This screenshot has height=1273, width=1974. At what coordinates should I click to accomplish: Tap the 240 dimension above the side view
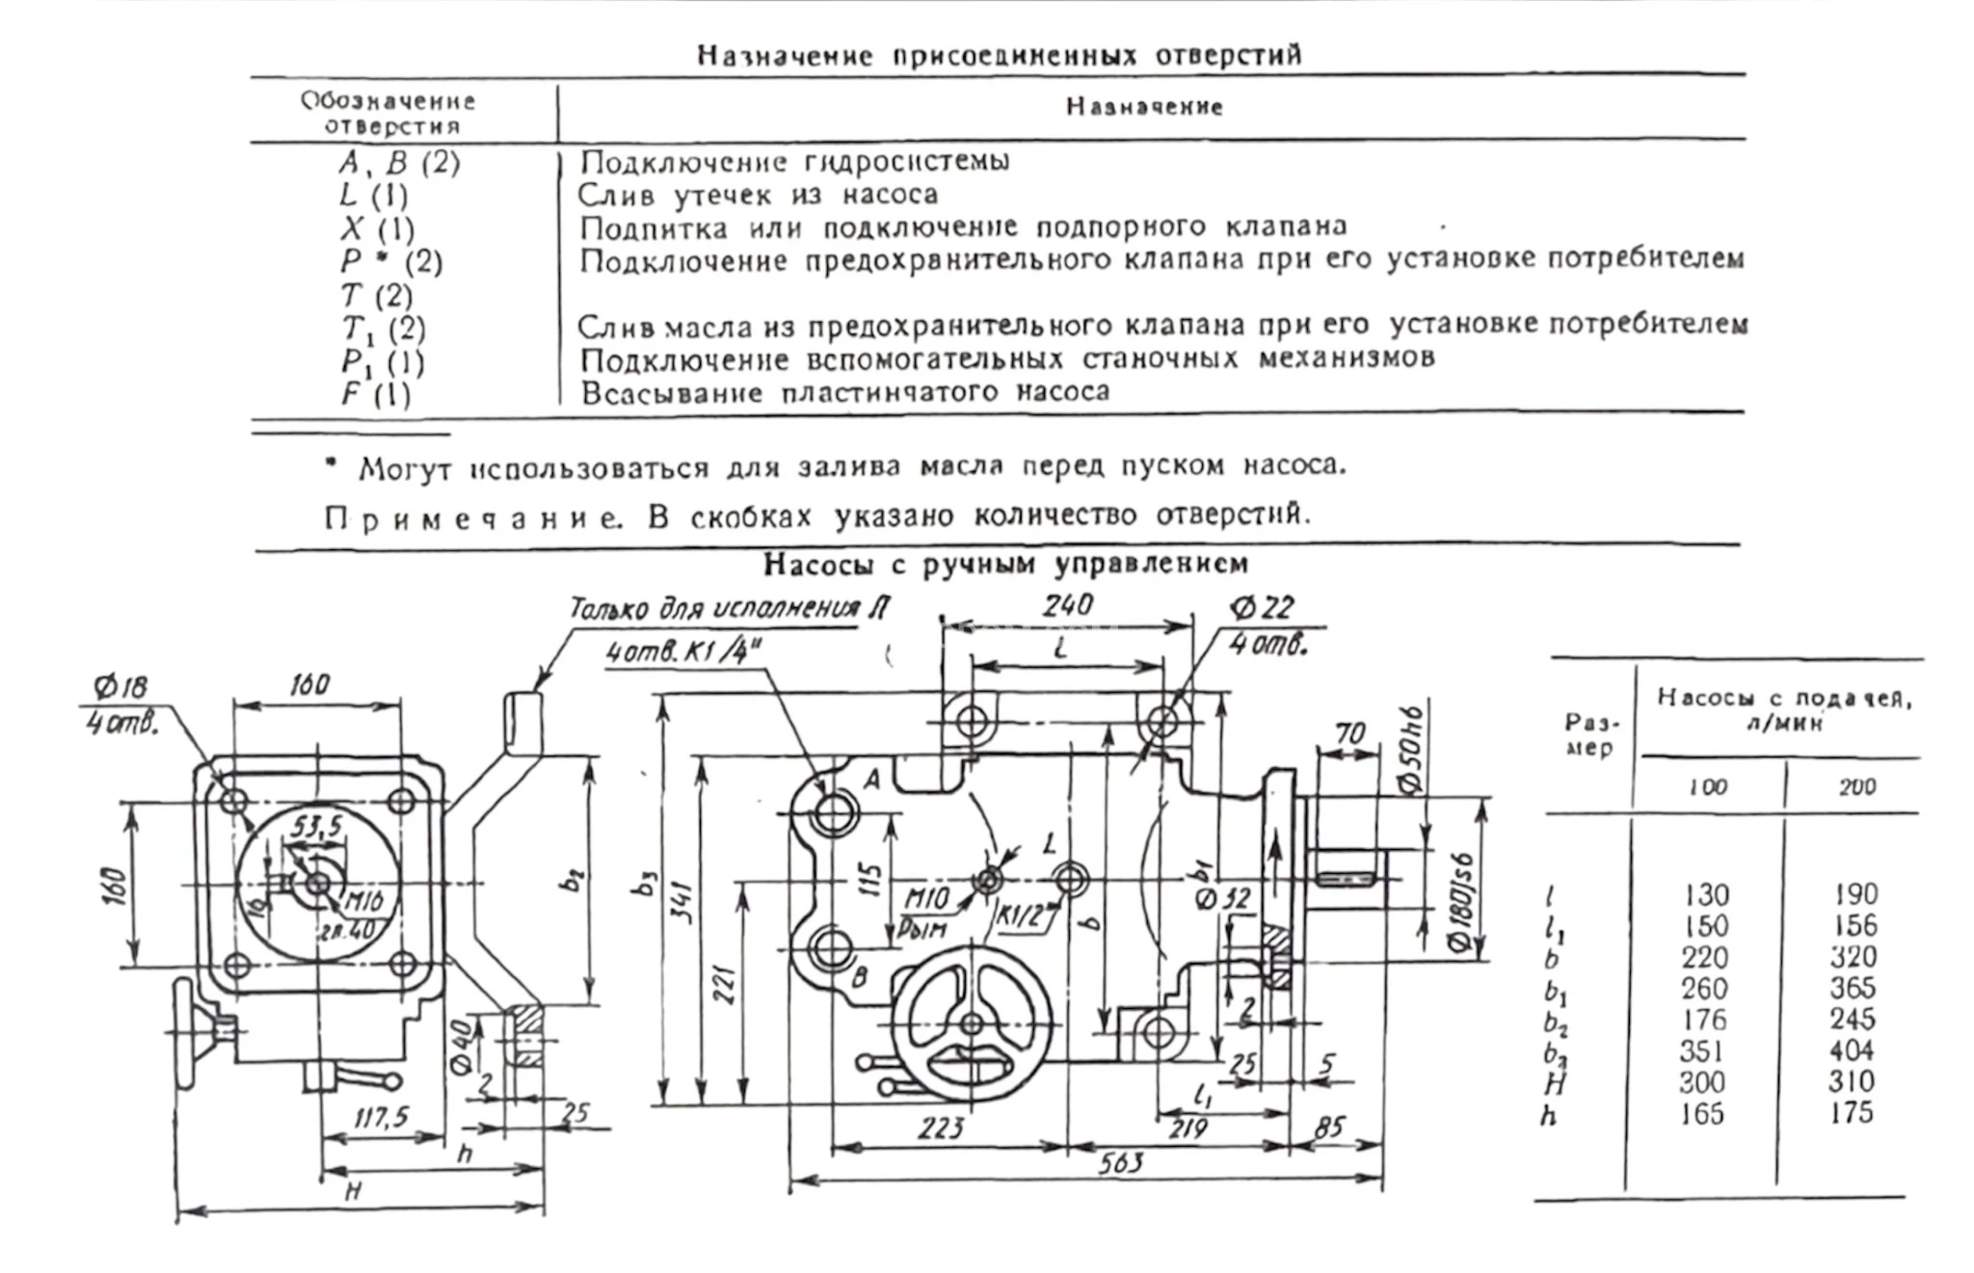click(x=1067, y=605)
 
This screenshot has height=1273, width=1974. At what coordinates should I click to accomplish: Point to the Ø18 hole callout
click(x=120, y=688)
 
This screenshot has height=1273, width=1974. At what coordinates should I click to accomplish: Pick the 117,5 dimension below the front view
click(x=382, y=1118)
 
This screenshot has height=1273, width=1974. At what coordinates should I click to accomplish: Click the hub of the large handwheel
click(x=972, y=1023)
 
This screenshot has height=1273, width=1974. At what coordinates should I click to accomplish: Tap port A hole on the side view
click(x=831, y=814)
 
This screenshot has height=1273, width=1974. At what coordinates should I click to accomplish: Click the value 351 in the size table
click(x=1704, y=1050)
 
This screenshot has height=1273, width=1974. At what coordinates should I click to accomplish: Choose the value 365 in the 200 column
click(x=1853, y=989)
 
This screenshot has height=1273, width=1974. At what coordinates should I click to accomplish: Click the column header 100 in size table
click(x=1707, y=787)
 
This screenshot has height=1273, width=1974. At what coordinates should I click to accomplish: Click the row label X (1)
click(x=377, y=229)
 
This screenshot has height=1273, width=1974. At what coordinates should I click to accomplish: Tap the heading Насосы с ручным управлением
click(x=1005, y=564)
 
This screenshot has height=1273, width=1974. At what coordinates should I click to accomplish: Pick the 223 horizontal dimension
click(x=940, y=1127)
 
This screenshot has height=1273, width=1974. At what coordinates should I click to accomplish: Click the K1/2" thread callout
click(x=1020, y=916)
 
